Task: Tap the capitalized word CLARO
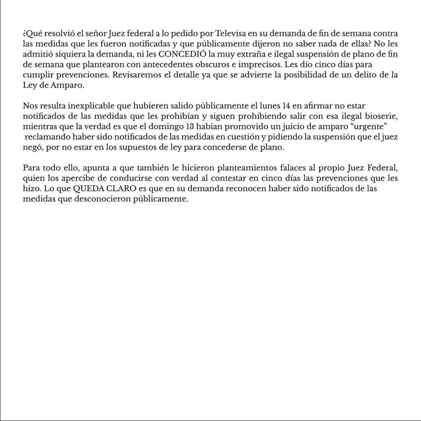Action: click(x=121, y=188)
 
